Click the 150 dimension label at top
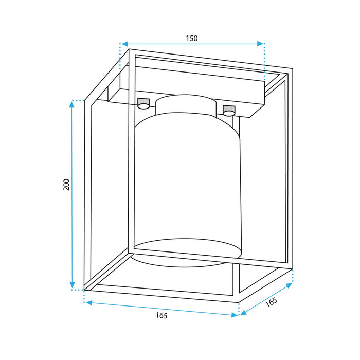pyautogui.click(x=192, y=38)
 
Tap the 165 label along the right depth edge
pyautogui.click(x=271, y=302)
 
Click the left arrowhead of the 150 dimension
pyautogui.click(x=123, y=44)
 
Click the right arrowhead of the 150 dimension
pyautogui.click(x=261, y=44)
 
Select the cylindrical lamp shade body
pyautogui.click(x=188, y=185)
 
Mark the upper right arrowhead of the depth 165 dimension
pyautogui.click(x=290, y=286)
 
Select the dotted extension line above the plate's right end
pyautogui.click(x=264, y=62)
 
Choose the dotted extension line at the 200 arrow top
pyautogui.click(x=78, y=100)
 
